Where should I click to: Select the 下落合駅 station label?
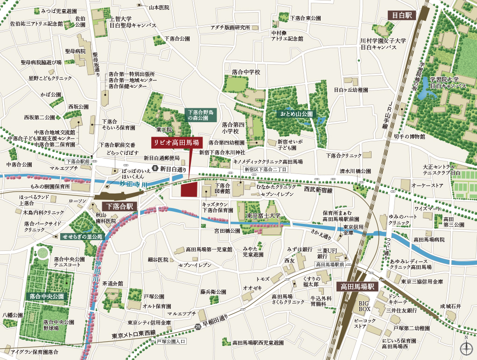(x=118, y=206)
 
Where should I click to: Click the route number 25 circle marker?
(x=198, y=326)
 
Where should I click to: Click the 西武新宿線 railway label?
(x=318, y=190)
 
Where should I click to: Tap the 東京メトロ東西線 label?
(x=133, y=334)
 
